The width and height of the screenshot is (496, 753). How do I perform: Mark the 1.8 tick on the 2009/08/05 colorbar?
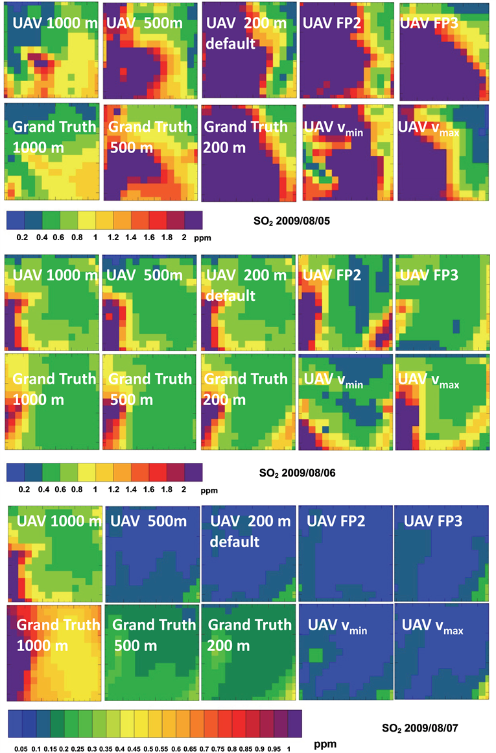tap(167, 238)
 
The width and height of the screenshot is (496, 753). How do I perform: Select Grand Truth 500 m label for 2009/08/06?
tap(150, 388)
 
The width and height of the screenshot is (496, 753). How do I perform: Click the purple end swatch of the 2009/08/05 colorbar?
tap(192, 219)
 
